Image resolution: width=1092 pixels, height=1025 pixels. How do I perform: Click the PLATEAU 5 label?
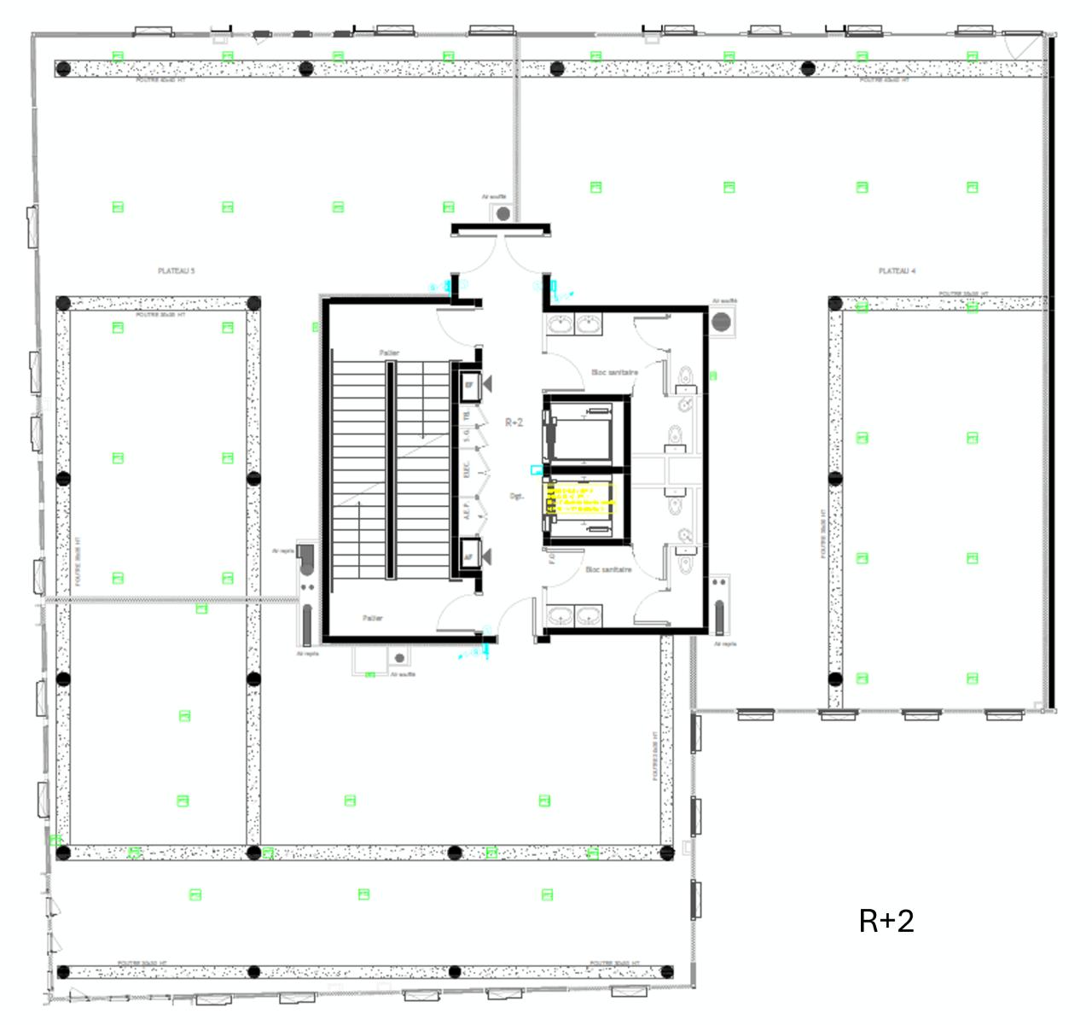(x=177, y=271)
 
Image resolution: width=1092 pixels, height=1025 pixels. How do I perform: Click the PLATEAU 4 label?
(x=897, y=271)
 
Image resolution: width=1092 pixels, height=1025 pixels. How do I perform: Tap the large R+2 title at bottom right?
(x=886, y=921)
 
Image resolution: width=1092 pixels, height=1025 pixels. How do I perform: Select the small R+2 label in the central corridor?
(x=514, y=422)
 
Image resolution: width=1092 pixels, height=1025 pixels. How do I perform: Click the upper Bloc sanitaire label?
(x=614, y=372)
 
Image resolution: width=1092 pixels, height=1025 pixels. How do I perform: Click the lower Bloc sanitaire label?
(x=608, y=569)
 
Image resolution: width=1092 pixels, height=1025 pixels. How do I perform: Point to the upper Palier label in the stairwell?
(x=389, y=353)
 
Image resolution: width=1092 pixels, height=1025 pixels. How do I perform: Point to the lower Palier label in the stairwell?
(x=373, y=618)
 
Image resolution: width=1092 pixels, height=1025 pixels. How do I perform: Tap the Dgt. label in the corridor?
(x=517, y=496)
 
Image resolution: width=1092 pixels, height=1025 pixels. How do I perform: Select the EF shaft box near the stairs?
(x=469, y=386)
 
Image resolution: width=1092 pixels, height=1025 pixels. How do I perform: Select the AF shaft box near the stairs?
(x=469, y=556)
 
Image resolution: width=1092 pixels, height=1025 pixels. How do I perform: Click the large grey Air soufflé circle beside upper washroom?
(x=722, y=323)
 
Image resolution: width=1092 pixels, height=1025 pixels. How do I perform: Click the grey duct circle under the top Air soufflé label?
(x=503, y=213)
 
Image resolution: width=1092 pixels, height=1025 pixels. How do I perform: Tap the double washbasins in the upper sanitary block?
(x=574, y=324)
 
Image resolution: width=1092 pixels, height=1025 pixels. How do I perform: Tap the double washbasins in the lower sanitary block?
(x=574, y=614)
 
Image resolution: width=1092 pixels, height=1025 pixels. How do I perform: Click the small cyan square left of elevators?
(x=536, y=469)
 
